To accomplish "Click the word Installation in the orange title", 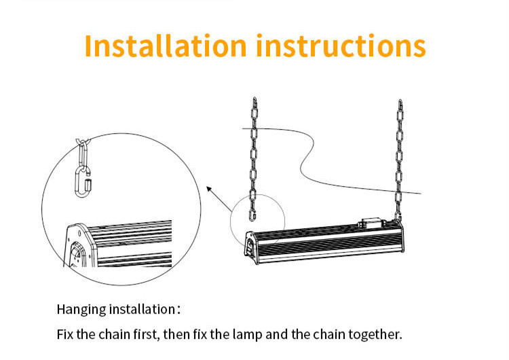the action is [x=166, y=46].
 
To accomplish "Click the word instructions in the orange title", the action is [x=341, y=46].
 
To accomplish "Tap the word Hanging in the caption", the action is [x=81, y=309].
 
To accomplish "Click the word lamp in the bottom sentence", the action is [x=247, y=334].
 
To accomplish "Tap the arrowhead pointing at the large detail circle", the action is [x=210, y=189].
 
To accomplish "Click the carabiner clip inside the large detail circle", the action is [x=83, y=181].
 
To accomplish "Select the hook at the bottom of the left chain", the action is [x=252, y=215].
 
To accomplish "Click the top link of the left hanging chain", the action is [x=254, y=101].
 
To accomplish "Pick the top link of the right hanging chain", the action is [x=400, y=104].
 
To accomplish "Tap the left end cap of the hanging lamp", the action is [x=252, y=247].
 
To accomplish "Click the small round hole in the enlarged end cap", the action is [x=79, y=233].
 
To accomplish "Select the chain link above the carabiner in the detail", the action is [x=83, y=153].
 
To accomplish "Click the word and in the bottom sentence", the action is [x=277, y=334].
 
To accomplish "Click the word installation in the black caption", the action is [x=143, y=309].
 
